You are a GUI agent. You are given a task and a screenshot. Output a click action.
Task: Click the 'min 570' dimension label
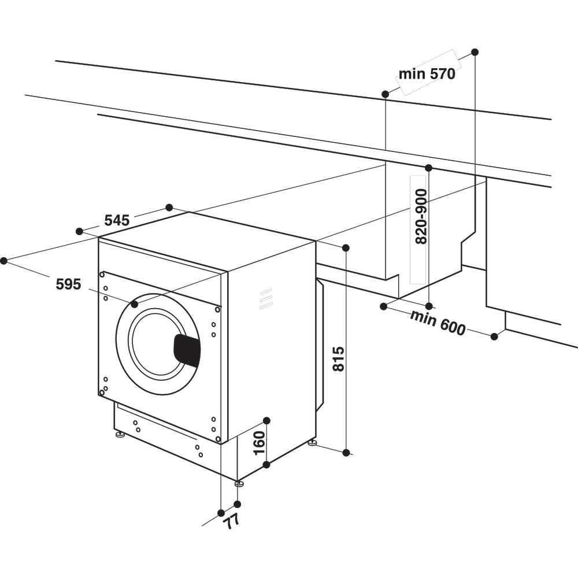point(427,74)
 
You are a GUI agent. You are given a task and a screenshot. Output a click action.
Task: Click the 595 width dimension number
point(68,284)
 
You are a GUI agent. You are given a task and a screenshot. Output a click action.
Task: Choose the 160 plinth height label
point(259,442)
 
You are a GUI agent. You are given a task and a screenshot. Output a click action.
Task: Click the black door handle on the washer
point(187,350)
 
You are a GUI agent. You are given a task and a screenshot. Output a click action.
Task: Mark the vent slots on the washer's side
point(265,298)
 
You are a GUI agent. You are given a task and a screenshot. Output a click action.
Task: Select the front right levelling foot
point(239,483)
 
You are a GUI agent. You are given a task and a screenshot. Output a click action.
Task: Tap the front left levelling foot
point(120,433)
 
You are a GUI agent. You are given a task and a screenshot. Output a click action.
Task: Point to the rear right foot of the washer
point(312,442)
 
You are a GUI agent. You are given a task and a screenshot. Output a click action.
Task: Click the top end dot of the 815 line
point(346,248)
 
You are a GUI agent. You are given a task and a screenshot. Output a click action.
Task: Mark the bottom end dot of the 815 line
point(346,453)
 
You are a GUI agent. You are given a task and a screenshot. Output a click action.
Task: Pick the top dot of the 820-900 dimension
point(428,168)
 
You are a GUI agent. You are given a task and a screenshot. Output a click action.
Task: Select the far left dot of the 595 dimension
point(4,261)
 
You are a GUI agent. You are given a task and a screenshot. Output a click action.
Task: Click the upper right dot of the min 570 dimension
point(475,52)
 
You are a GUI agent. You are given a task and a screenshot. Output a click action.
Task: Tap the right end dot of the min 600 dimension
point(494,336)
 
